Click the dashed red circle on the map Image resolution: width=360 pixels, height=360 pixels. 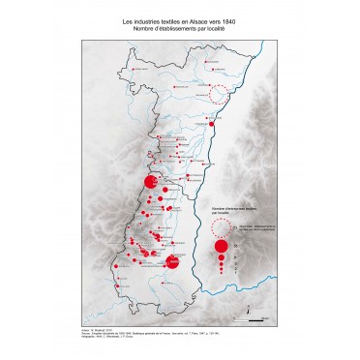pyautogui.click(x=222, y=93)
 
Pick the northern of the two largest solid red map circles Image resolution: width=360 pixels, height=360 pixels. pyautogui.click(x=151, y=181)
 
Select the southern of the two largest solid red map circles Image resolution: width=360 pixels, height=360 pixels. pyautogui.click(x=173, y=259)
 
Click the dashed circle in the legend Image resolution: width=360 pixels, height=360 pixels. pyautogui.click(x=222, y=227)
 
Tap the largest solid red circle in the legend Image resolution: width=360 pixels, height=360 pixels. pyautogui.click(x=222, y=247)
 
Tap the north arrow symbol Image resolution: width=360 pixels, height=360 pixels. pyautogui.click(x=250, y=308)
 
